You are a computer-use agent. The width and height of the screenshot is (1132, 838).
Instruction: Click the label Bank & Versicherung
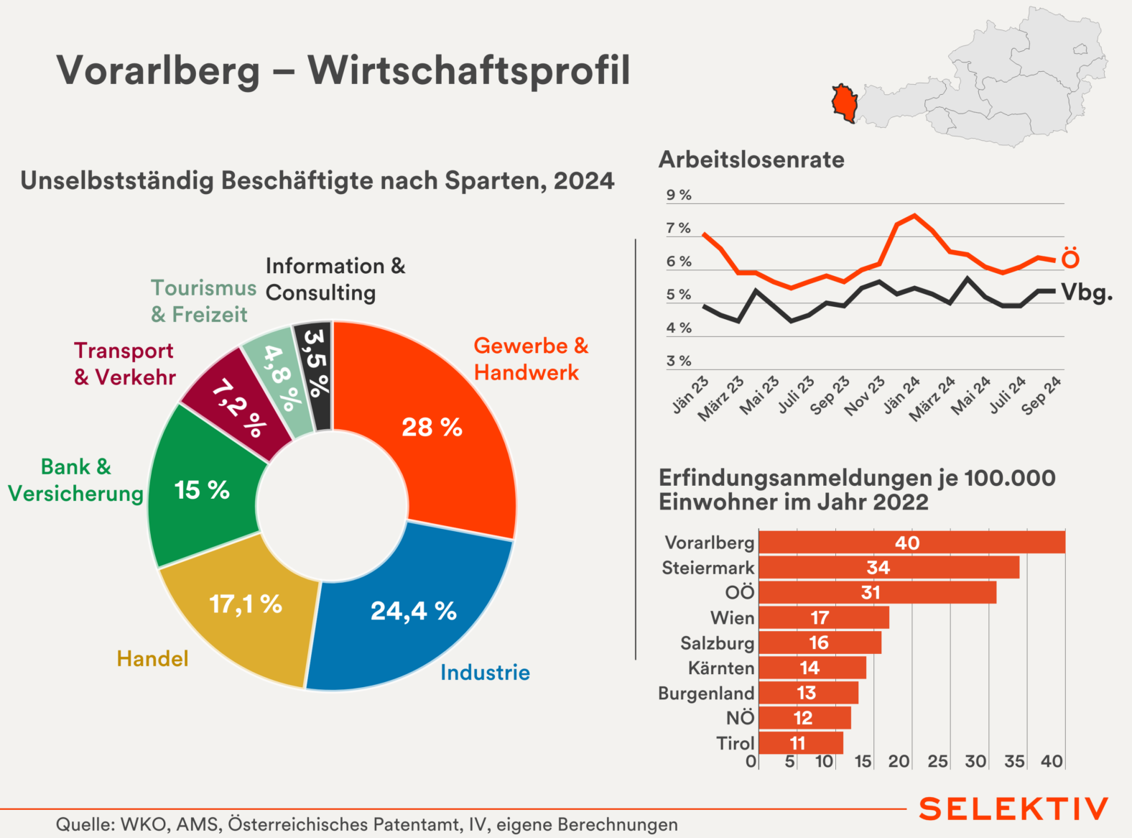click(75, 480)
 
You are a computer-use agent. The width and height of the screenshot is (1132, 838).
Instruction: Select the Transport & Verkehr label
click(124, 364)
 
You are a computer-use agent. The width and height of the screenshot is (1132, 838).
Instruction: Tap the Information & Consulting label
click(335, 280)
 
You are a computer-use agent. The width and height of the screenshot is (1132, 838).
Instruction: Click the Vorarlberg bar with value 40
click(911, 543)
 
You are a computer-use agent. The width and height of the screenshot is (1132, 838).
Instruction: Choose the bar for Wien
click(823, 617)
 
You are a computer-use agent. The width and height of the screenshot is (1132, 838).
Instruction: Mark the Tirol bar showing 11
click(800, 742)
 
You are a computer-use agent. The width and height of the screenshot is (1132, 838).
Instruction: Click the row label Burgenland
click(706, 694)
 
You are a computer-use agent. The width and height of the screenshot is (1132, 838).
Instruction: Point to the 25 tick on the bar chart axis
click(937, 761)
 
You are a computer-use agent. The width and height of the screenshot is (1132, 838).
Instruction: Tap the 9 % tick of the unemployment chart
click(679, 195)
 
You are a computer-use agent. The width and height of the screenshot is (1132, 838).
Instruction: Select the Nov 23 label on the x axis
click(864, 396)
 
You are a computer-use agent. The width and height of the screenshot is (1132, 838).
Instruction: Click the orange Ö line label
click(1070, 259)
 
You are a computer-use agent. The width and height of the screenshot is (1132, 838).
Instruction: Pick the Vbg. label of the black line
click(1086, 293)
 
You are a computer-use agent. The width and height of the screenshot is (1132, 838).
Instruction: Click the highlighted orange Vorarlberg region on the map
click(845, 101)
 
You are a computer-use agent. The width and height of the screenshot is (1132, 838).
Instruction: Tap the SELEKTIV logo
click(1013, 809)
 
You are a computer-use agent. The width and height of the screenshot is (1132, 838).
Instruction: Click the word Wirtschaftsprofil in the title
click(469, 71)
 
